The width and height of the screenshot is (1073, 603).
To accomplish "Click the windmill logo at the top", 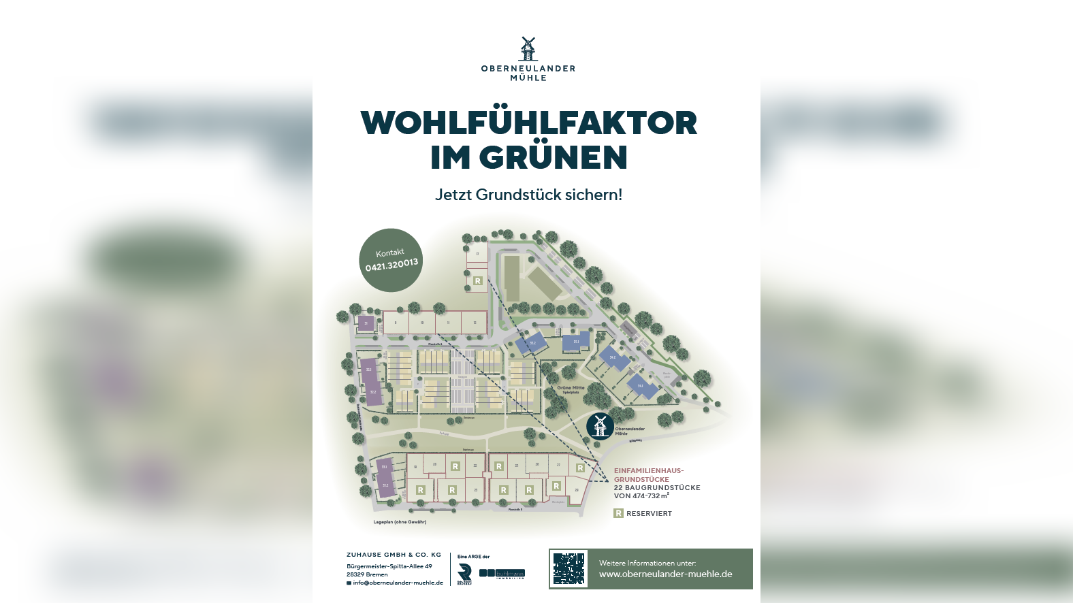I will [x=528, y=48].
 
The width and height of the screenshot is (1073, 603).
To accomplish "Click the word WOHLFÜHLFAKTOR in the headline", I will [x=528, y=123].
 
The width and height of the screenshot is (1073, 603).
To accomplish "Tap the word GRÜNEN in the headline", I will [x=553, y=157].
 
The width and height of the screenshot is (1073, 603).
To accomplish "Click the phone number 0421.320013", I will [x=391, y=265].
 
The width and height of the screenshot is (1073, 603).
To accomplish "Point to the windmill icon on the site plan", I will [x=600, y=426].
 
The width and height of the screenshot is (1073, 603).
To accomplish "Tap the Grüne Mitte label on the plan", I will [x=571, y=388].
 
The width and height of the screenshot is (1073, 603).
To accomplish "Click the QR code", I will [x=569, y=569].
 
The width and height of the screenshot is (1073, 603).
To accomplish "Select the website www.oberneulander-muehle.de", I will [x=665, y=574].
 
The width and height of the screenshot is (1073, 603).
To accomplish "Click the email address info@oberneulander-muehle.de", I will [x=398, y=583].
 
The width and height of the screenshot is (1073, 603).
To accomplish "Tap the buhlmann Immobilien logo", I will [x=502, y=574].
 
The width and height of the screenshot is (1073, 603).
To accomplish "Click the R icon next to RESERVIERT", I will [x=618, y=513].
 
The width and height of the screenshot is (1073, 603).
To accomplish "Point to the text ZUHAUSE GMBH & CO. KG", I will [x=394, y=555].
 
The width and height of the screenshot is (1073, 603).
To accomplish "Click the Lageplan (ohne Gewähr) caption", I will [x=400, y=522].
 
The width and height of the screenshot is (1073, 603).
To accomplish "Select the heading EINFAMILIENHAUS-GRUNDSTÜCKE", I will [x=648, y=474].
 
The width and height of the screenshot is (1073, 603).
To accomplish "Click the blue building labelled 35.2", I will [x=532, y=344].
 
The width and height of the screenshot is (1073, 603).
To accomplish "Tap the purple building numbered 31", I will [x=366, y=323].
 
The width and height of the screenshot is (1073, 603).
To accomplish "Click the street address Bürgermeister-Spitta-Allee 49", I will [x=389, y=566].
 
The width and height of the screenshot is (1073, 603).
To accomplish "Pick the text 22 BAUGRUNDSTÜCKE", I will [x=656, y=487].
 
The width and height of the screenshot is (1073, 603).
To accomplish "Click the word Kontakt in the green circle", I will [x=389, y=252].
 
